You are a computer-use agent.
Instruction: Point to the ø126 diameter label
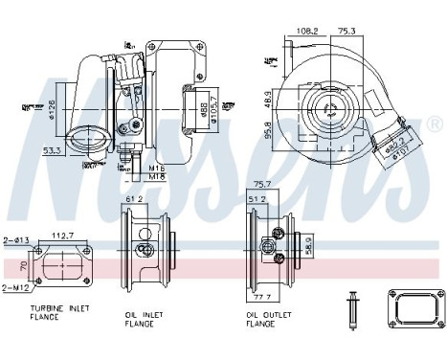tap(52, 110)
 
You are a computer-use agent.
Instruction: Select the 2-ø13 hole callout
tap(16, 240)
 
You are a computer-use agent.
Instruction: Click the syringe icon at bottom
tap(351, 314)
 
